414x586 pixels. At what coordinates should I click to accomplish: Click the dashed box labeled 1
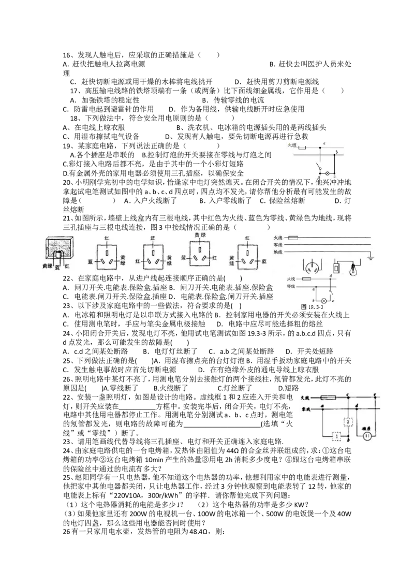(337, 436)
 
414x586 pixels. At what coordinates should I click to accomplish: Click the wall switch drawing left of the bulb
(337, 268)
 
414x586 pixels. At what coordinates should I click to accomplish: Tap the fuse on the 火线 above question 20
(303, 148)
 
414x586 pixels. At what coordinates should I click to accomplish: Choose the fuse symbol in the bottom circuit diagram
(331, 397)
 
